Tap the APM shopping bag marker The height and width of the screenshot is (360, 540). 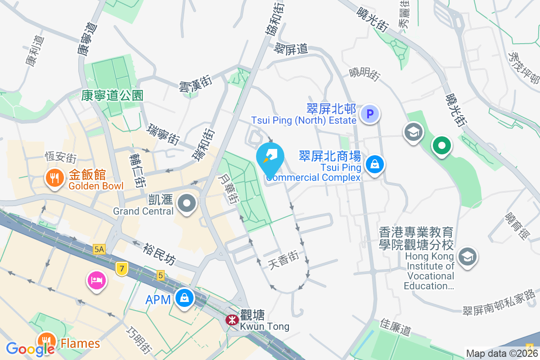184,297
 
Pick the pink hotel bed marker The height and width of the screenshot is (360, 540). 97,281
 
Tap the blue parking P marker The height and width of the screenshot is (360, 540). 370,114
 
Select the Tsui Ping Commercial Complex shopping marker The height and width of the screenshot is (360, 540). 374,164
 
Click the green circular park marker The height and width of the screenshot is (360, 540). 441,146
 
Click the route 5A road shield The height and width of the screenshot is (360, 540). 99,249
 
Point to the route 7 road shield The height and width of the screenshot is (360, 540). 121,269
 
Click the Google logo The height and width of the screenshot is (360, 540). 30,348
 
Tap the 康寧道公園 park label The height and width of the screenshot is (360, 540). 112,95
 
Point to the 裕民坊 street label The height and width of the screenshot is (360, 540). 160,254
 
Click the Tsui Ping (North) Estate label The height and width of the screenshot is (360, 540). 304,120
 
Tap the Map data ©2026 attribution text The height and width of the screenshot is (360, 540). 501,354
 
